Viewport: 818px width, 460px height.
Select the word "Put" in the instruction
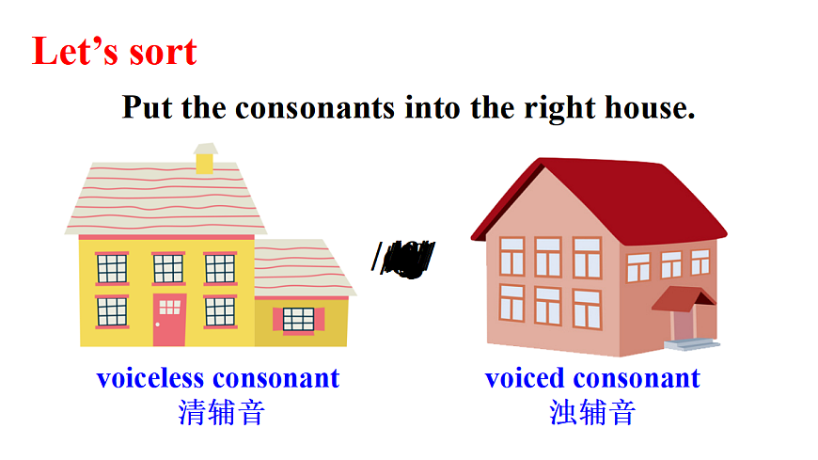(148, 107)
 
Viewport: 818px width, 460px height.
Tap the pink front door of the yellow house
(169, 320)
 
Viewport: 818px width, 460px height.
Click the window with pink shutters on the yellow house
(299, 319)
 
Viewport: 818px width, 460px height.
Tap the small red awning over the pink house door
(684, 298)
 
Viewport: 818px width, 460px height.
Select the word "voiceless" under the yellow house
(150, 378)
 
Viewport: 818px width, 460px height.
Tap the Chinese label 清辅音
(222, 412)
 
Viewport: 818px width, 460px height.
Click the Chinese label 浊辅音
(592, 412)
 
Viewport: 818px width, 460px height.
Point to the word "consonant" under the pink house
(637, 378)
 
